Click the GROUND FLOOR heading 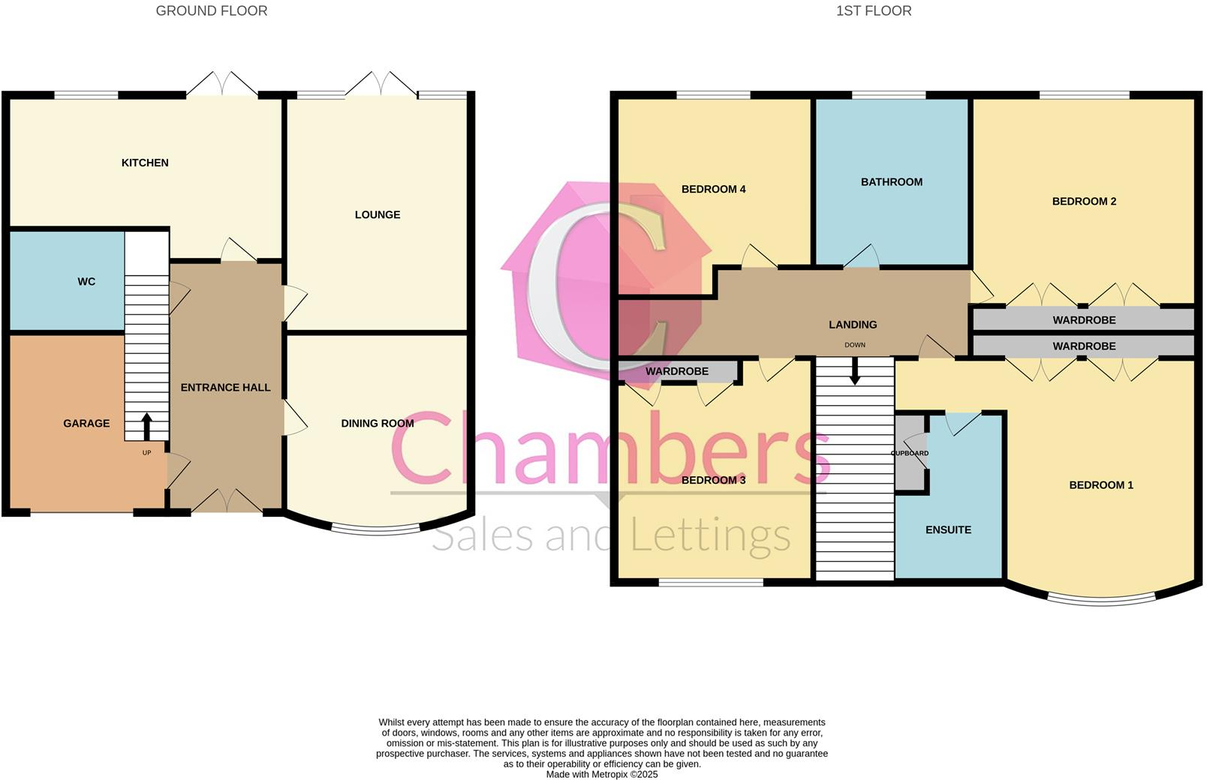[211, 10]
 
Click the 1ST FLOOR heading [874, 10]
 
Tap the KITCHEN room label [145, 163]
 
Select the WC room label [86, 281]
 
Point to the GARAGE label [86, 423]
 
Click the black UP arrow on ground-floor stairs [146, 426]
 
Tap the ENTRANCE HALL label [225, 387]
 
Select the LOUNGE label [377, 214]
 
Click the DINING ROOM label [377, 423]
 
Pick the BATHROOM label [891, 181]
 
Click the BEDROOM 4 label [713, 189]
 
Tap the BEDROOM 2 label [1084, 201]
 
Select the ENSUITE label [948, 529]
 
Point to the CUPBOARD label [910, 453]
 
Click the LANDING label [853, 324]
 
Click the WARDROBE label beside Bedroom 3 [676, 371]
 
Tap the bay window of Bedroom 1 [1101, 598]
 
